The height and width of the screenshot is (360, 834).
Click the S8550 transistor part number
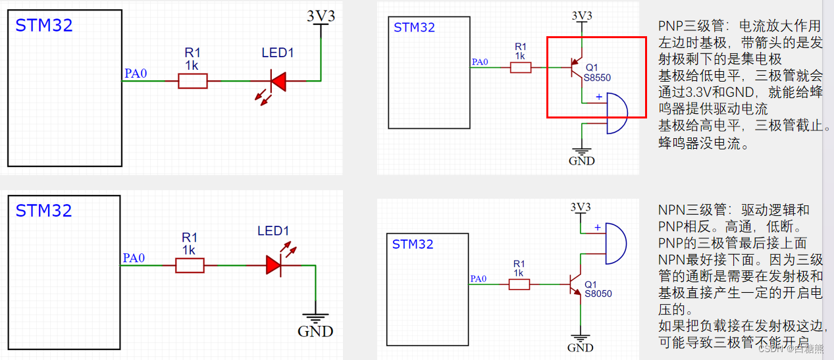pos(598,77)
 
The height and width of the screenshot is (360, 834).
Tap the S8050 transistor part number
pos(598,294)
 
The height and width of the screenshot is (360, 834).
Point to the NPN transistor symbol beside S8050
pos(576,284)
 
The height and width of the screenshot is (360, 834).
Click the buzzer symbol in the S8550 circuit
pos(615,114)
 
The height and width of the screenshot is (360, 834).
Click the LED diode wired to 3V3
pos(278,81)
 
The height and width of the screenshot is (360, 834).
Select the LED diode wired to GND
pos(274,265)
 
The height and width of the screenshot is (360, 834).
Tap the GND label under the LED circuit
pos(315,331)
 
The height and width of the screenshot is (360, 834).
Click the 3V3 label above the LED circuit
pos(321,16)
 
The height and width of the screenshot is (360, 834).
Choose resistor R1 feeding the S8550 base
pos(521,67)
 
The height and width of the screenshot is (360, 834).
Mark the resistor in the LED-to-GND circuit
pos(190,265)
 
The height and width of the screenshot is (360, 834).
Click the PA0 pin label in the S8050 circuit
pos(479,280)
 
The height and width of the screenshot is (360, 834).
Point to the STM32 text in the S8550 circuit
pos(414,28)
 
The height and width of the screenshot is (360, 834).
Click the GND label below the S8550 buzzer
pos(581,161)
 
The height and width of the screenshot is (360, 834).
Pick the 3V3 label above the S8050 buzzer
pos(580,207)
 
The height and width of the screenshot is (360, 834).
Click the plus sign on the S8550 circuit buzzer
pos(598,97)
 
